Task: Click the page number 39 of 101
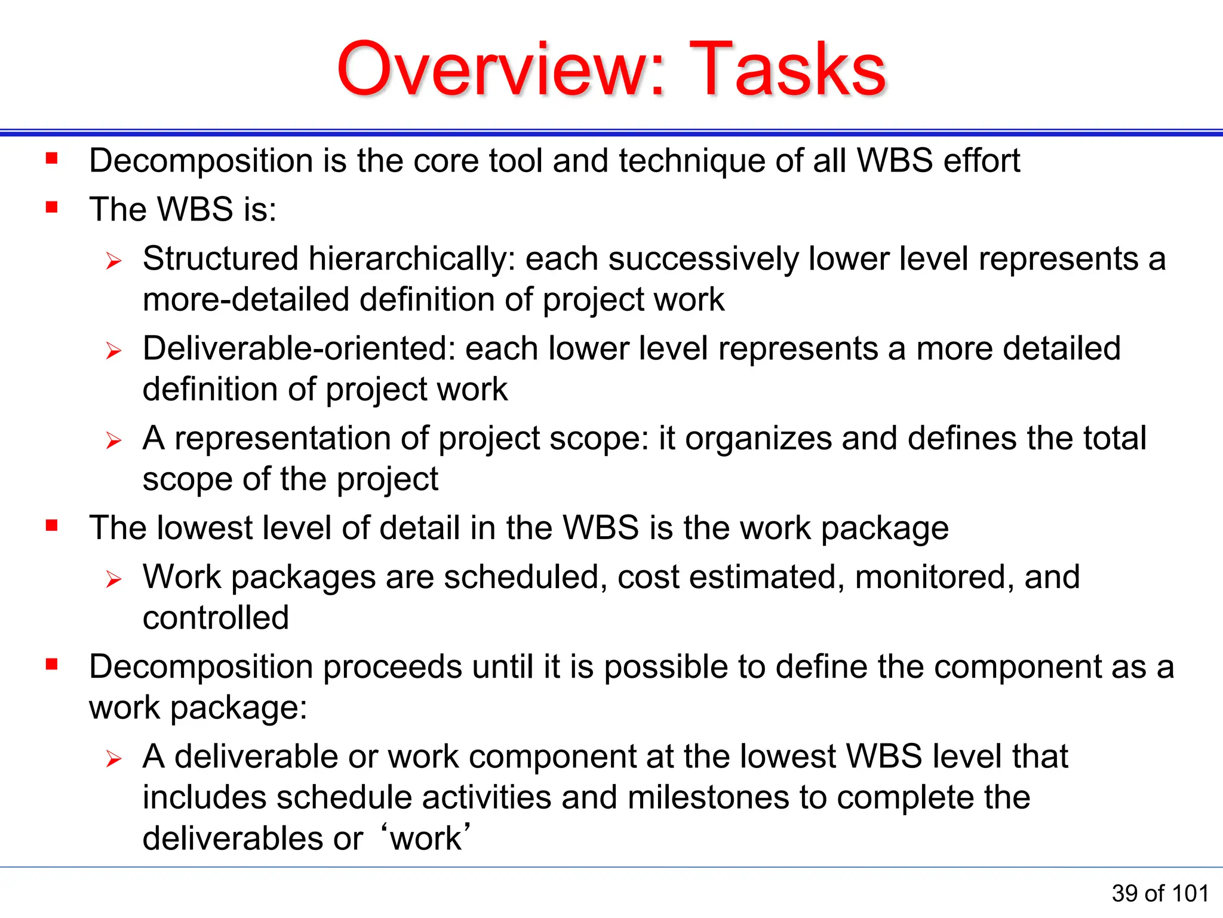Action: point(1160,893)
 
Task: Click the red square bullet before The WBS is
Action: point(52,207)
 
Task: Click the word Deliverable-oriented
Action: point(299,348)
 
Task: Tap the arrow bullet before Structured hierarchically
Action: point(113,261)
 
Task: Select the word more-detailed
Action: point(245,299)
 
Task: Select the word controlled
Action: point(216,618)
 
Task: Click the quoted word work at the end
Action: point(425,839)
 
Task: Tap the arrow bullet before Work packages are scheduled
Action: point(113,579)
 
